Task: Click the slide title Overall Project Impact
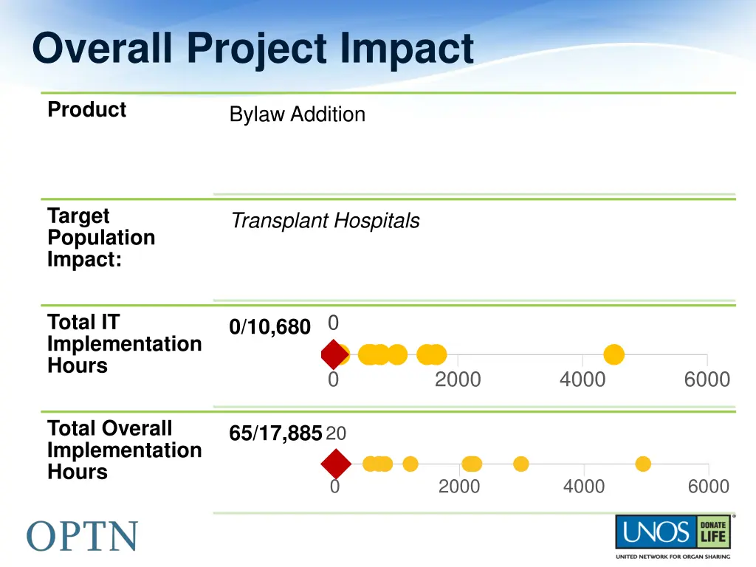pyautogui.click(x=252, y=49)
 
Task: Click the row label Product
pyautogui.click(x=86, y=110)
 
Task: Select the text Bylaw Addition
pyautogui.click(x=297, y=114)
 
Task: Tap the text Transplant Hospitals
pyautogui.click(x=325, y=221)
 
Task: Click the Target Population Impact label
pyautogui.click(x=101, y=238)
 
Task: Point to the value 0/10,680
pyautogui.click(x=269, y=327)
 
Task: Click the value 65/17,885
pyautogui.click(x=275, y=433)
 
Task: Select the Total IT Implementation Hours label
pyautogui.click(x=123, y=344)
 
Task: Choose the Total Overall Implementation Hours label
pyautogui.click(x=123, y=450)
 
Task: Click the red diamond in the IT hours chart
pyautogui.click(x=334, y=355)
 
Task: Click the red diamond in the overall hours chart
pyautogui.click(x=336, y=464)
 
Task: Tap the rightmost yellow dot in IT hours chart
pyautogui.click(x=614, y=355)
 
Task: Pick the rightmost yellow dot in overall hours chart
pyautogui.click(x=643, y=464)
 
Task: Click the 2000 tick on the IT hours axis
pyautogui.click(x=457, y=379)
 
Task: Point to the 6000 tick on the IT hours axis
pyautogui.click(x=707, y=379)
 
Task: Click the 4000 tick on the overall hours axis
pyautogui.click(x=583, y=487)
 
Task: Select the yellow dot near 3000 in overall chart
pyautogui.click(x=521, y=464)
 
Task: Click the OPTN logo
pyautogui.click(x=83, y=535)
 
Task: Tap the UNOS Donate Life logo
pyautogui.click(x=673, y=535)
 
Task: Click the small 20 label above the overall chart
pyautogui.click(x=336, y=433)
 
